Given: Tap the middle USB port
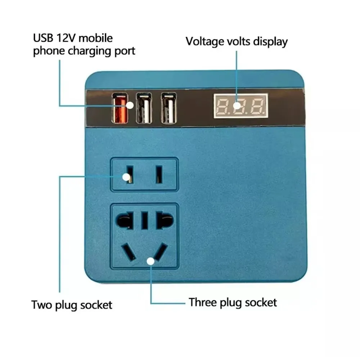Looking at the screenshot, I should [x=144, y=108].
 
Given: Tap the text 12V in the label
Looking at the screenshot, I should [x=66, y=38].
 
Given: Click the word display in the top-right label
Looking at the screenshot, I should [x=270, y=42].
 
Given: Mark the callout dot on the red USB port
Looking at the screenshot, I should [x=130, y=105].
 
